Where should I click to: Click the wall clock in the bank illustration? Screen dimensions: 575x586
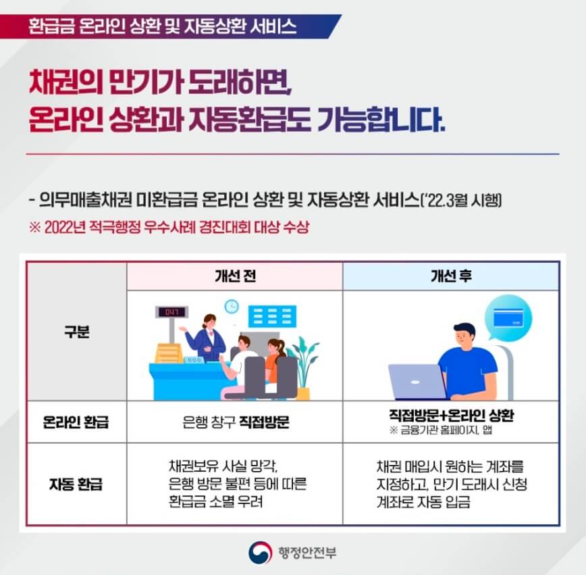(x=232, y=306)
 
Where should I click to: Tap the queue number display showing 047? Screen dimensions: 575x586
(x=171, y=312)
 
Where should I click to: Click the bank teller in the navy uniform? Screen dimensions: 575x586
(x=205, y=336)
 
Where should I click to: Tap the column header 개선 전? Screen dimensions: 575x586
(x=234, y=276)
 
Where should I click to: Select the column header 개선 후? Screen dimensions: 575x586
(x=450, y=276)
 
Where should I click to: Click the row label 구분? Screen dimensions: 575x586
(x=76, y=332)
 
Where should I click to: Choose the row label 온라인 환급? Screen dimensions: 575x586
(x=76, y=422)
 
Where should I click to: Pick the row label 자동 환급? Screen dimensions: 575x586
(x=76, y=484)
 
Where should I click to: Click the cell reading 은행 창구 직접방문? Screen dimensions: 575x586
(x=235, y=422)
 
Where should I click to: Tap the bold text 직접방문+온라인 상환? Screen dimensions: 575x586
(x=451, y=415)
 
